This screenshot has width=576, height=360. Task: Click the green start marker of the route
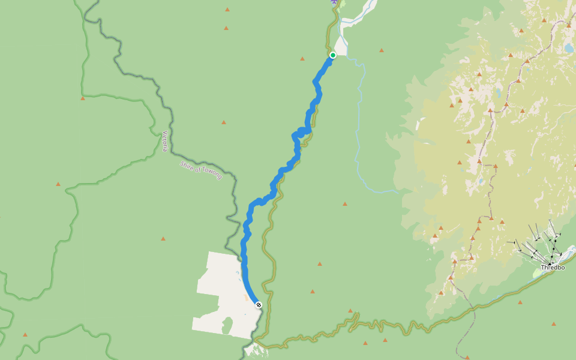tap(333, 55)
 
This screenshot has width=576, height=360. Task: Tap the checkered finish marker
tap(259, 305)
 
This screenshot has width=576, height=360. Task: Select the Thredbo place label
tap(553, 267)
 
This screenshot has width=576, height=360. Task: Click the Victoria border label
tap(165, 141)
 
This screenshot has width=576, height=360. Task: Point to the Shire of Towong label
tap(201, 170)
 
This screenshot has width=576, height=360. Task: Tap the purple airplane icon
tap(334, 2)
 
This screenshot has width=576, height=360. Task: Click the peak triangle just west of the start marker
tap(302, 58)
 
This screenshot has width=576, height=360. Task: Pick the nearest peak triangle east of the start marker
tap(381, 50)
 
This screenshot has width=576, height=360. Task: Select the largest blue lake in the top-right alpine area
tap(568, 47)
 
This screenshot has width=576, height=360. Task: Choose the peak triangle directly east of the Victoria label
tap(223, 122)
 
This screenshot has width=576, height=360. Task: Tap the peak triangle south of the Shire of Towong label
tap(163, 239)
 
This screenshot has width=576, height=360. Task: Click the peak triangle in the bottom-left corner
tap(25, 335)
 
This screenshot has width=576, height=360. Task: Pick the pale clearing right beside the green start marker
tap(341, 47)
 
